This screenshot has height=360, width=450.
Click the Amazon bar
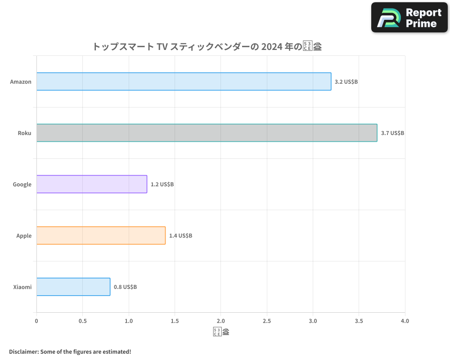coord(184,81)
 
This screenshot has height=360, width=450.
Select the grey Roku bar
coord(207,133)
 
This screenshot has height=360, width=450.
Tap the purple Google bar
coord(92,184)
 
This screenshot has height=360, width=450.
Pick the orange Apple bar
coord(101,235)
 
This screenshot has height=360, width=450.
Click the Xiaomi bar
coord(73,287)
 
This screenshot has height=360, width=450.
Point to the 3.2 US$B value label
coord(346,82)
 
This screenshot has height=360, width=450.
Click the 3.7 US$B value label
coord(392,133)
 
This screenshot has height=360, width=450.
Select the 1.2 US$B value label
coord(162,184)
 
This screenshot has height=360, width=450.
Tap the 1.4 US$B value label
coord(180,236)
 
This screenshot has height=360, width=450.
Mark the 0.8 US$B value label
coord(125,287)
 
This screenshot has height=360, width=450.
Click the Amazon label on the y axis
coord(21,82)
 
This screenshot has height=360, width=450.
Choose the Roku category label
coord(24,133)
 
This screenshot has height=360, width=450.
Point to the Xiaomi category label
coord(22,287)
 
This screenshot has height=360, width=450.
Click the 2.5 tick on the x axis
coord(267,321)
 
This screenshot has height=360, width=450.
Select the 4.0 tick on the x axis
coord(405,321)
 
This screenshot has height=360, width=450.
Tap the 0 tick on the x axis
coord(36,321)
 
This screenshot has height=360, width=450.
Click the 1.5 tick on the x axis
coord(175,321)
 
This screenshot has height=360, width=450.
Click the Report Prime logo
coord(409,18)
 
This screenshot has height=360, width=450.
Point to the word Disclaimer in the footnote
coord(23,351)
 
